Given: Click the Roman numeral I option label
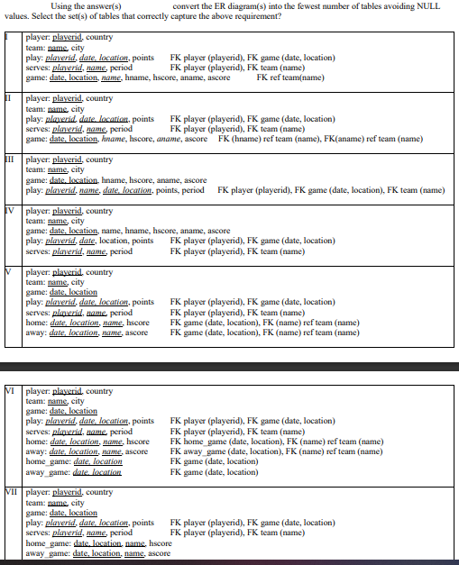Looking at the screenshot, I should click(x=8, y=37).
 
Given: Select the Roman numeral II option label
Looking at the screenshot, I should click(x=8, y=98).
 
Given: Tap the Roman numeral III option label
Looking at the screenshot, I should click(x=8, y=159).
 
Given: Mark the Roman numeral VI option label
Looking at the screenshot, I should click(x=10, y=391).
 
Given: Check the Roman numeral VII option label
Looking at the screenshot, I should click(x=11, y=492).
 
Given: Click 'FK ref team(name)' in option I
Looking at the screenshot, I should click(x=290, y=77).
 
